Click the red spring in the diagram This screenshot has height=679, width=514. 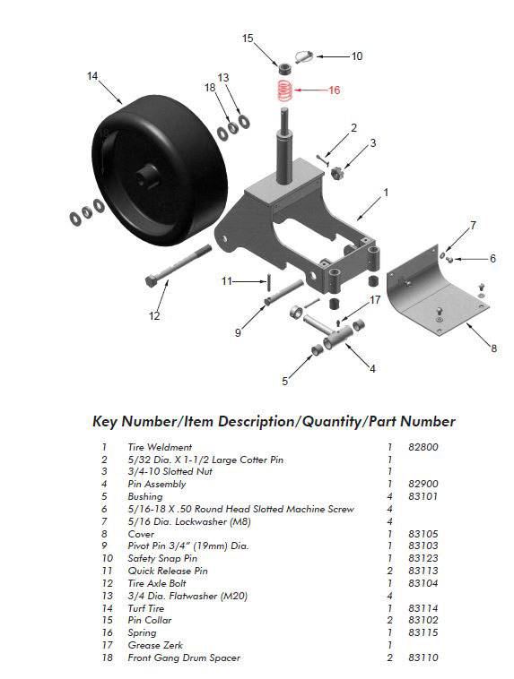284,90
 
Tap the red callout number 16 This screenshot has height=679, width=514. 334,90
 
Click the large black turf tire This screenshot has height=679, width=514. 159,170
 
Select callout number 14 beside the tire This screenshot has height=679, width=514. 92,76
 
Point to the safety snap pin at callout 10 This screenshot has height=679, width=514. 304,56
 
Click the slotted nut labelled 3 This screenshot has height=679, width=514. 337,174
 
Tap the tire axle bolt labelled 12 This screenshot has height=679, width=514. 179,265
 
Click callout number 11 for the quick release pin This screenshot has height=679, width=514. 227,281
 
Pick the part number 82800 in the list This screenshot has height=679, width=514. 423,447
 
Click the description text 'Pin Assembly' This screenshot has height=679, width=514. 157,484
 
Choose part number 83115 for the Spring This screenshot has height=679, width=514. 423,632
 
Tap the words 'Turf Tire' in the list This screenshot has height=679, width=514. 146,608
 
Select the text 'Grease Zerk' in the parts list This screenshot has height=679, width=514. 155,645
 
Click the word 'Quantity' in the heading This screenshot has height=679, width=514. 331,421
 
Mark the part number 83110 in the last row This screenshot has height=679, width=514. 423,658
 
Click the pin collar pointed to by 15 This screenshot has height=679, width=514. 285,68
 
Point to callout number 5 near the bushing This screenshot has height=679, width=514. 284,381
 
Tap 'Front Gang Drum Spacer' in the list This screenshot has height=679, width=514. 184,658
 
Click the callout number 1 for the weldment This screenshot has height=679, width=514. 386,193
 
